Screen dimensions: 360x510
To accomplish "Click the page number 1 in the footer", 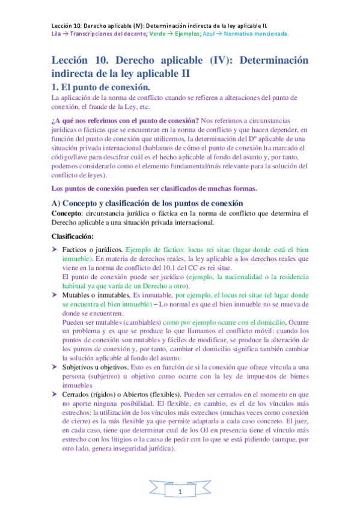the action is (180, 493).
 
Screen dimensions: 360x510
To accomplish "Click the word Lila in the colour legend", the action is (55, 34).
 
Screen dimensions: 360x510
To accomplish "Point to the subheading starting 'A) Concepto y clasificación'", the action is (147, 203).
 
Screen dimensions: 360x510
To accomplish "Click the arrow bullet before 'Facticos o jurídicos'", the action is (55, 249).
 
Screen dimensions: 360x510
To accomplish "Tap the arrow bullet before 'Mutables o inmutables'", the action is (55, 295).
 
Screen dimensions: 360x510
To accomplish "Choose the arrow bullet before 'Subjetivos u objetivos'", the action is (55, 366).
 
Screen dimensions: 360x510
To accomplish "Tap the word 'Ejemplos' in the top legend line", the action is (191, 34).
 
